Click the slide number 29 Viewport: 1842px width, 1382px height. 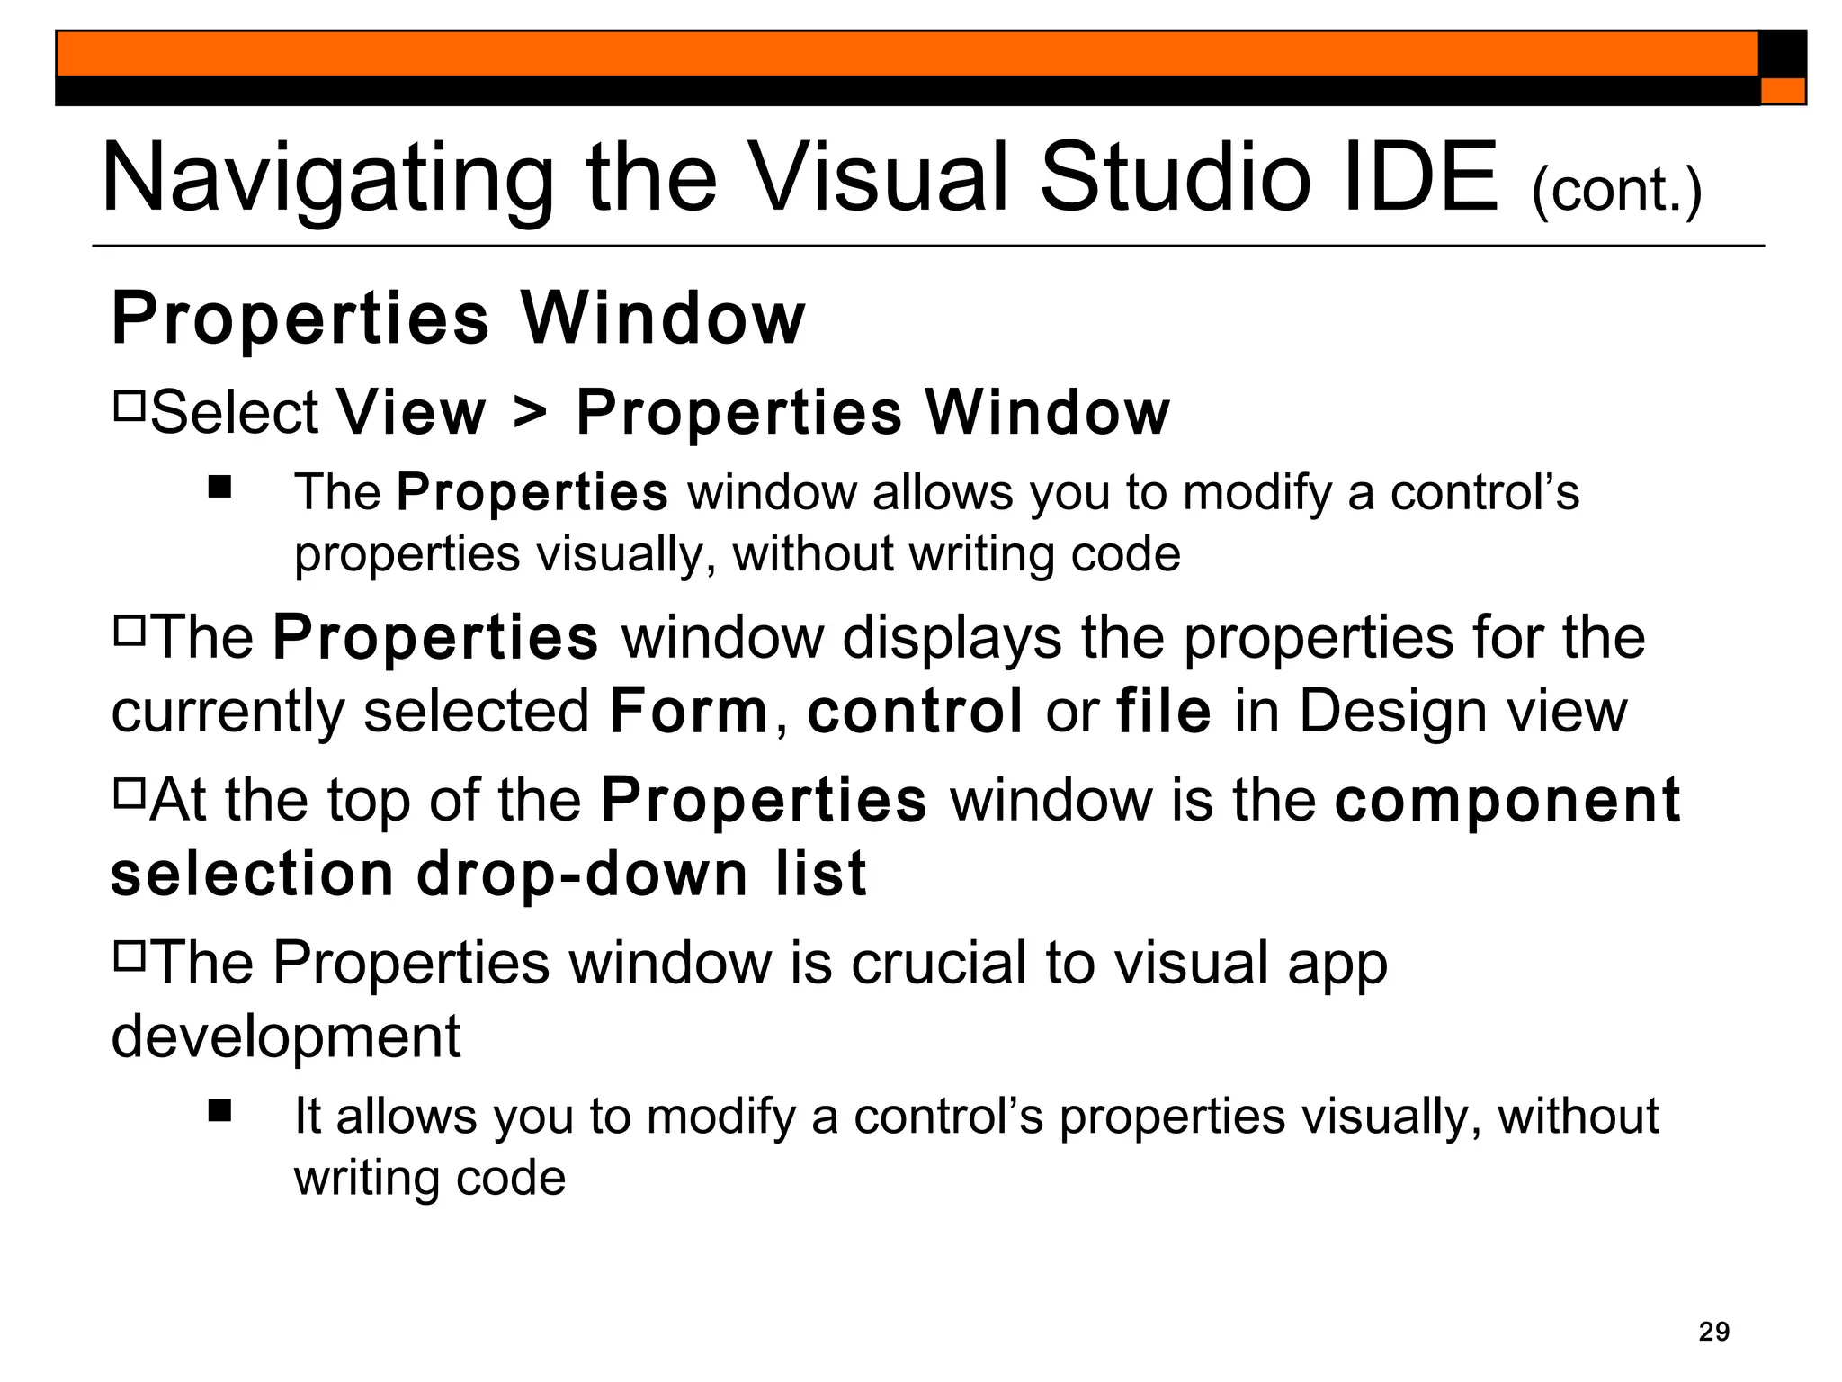pyautogui.click(x=1713, y=1331)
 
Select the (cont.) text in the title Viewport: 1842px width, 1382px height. pyautogui.click(x=1616, y=190)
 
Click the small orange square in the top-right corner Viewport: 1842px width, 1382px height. pyautogui.click(x=1783, y=91)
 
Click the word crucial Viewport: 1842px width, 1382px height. pyautogui.click(x=939, y=963)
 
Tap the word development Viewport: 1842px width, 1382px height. pyautogui.click(x=285, y=1036)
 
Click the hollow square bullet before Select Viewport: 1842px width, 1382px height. pyautogui.click(x=130, y=406)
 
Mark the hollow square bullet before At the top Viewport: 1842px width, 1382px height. pyautogui.click(x=130, y=793)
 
